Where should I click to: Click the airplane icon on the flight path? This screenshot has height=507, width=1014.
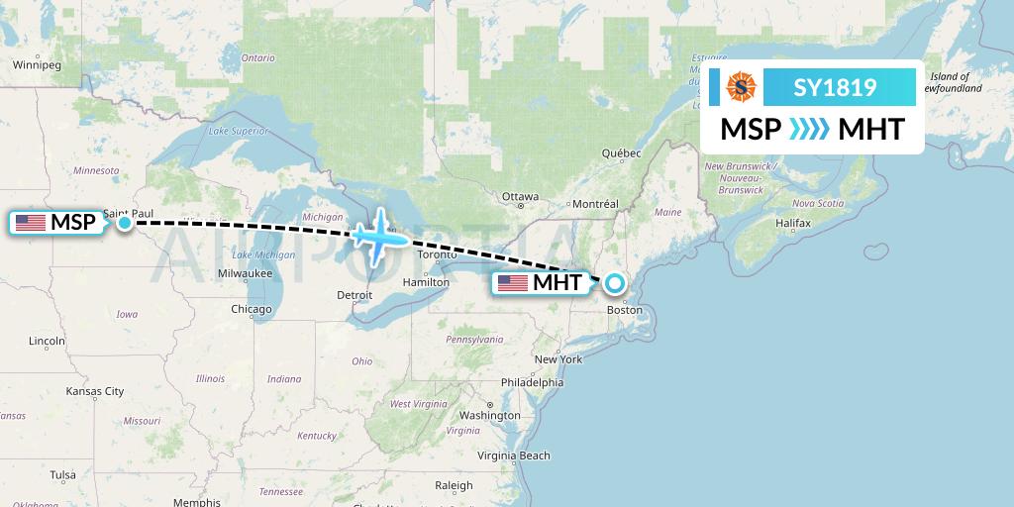(379, 236)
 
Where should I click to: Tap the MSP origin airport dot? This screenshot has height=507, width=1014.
(125, 223)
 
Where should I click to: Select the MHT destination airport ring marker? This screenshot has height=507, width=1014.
(615, 283)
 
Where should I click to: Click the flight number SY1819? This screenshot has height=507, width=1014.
(835, 87)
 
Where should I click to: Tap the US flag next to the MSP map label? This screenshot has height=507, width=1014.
(31, 223)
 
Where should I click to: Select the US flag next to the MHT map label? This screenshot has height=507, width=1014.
(512, 283)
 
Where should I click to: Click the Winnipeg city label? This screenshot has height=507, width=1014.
(37, 65)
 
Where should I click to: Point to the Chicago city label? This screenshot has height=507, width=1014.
(251, 309)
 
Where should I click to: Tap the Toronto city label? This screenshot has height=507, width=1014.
(437, 254)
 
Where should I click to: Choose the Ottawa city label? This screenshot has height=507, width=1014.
(520, 196)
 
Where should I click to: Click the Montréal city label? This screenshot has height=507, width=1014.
(595, 204)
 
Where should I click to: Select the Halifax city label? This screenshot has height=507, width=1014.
(793, 224)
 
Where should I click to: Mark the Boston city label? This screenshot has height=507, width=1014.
(624, 310)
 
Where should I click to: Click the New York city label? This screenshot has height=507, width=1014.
(558, 358)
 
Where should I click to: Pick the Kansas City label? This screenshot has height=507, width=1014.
(94, 391)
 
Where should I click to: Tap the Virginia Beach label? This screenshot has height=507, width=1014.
(514, 456)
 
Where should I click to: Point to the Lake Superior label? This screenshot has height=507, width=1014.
(239, 131)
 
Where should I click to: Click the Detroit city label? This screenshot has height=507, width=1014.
(355, 295)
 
